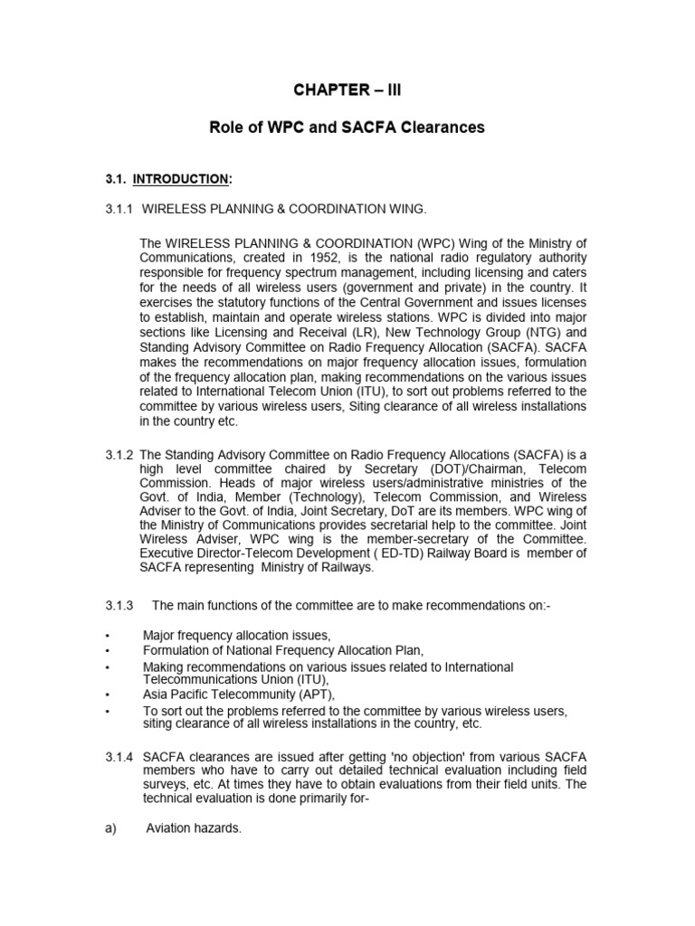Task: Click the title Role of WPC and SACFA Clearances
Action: coord(347,128)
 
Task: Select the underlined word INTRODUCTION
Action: coord(176,180)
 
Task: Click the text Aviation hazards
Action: coord(194,827)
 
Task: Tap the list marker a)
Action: coord(111,827)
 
